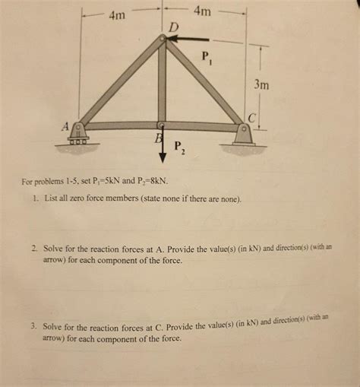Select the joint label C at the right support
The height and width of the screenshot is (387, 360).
tap(253, 118)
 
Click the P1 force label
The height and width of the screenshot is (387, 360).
tap(207, 56)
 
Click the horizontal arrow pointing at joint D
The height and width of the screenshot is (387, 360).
tap(190, 39)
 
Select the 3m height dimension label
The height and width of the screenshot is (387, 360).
tap(261, 85)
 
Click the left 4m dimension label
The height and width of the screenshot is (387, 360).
tap(118, 14)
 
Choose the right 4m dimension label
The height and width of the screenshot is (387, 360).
tap(204, 11)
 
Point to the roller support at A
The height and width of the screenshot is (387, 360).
tap(78, 135)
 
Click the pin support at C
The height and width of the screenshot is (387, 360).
tap(243, 134)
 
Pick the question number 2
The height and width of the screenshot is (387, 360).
tap(34, 249)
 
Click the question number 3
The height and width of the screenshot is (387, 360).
tap(33, 325)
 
